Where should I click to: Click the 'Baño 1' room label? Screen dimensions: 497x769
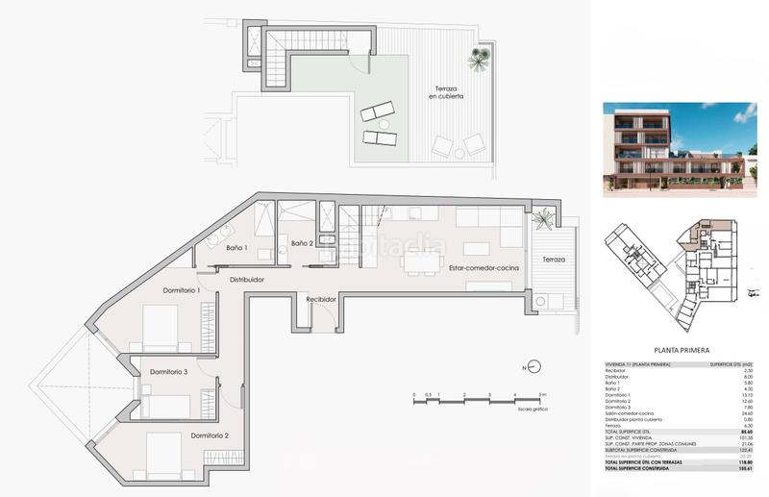pyautogui.click(x=237, y=248)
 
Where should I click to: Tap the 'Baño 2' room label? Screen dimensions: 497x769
pyautogui.click(x=305, y=243)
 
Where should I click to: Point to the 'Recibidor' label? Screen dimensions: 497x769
pyautogui.click(x=321, y=300)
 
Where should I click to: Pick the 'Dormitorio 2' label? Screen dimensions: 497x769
pyautogui.click(x=210, y=435)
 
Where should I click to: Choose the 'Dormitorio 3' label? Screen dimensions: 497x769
pyautogui.click(x=167, y=371)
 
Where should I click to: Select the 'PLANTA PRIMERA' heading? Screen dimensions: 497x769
pyautogui.click(x=682, y=351)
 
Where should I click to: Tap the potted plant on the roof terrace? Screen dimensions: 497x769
pyautogui.click(x=478, y=60)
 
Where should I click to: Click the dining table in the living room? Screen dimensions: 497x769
pyautogui.click(x=419, y=259)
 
